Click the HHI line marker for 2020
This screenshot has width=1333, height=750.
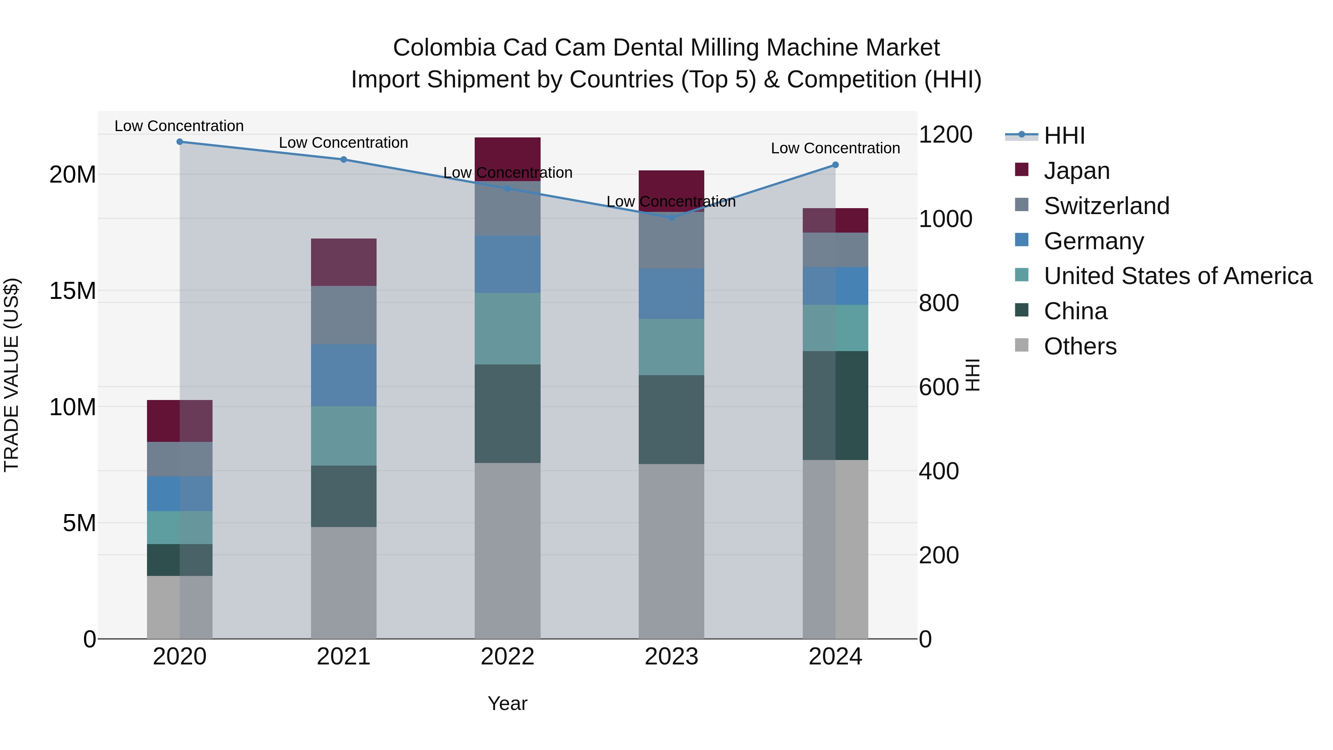[180, 142]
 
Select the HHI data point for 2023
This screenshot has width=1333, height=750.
[671, 218]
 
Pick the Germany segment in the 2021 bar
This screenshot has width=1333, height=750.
[344, 375]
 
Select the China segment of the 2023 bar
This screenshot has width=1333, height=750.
[671, 419]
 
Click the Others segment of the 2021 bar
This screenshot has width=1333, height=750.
[344, 582]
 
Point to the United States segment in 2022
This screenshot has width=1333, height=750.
[507, 329]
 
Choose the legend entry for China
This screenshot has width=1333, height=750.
[1075, 311]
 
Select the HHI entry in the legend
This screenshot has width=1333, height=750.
[1064, 136]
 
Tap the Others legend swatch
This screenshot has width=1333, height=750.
[1022, 345]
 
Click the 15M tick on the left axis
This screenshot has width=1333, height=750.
[73, 291]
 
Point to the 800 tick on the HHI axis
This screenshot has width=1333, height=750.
[938, 303]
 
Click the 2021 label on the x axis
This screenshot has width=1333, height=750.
[344, 657]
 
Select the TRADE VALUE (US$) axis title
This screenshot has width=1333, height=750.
[11, 375]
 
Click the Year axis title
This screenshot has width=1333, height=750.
[507, 703]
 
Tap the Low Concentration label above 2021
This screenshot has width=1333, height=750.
[344, 143]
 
